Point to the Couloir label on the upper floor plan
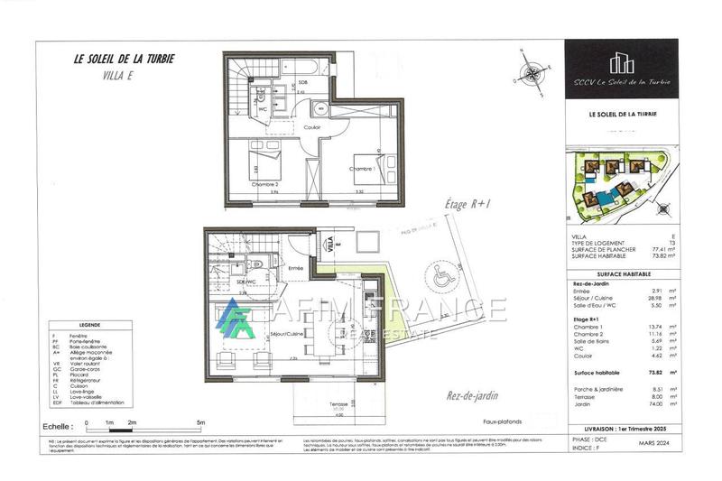(312, 127)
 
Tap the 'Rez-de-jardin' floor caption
(471, 394)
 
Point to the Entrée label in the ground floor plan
(294, 268)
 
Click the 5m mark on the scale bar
(201, 423)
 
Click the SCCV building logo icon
(618, 62)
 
